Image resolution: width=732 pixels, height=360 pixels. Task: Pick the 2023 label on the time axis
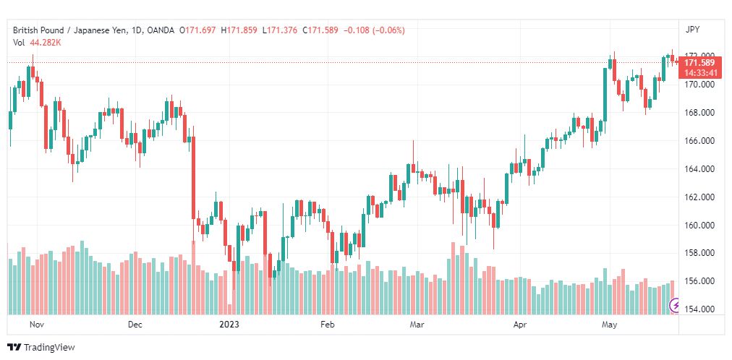[229, 325]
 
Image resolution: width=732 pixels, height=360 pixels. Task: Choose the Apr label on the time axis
[520, 325]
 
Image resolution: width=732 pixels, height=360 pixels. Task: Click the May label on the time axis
[609, 325]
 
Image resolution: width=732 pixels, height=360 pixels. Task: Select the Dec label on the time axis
[135, 325]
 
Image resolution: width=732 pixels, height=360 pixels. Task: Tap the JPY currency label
[692, 30]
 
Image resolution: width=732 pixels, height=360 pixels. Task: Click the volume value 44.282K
[46, 43]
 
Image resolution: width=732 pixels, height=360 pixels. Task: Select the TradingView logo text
[49, 348]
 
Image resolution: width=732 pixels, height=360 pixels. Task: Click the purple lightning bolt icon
[675, 306]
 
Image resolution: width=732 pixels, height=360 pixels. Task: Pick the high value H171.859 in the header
[239, 30]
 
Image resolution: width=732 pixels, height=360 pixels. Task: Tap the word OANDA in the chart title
[160, 30]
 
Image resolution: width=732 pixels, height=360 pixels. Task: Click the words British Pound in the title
[35, 30]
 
